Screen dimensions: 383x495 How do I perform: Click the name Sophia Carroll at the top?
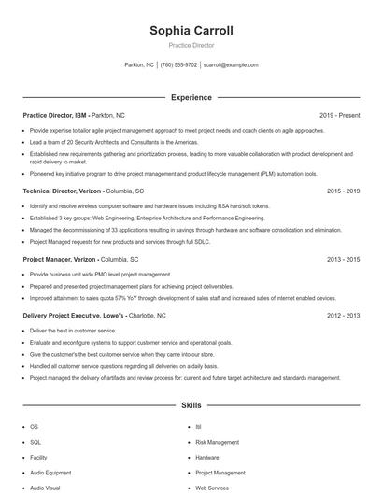point(191,31)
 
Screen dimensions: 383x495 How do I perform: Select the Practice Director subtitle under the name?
point(191,45)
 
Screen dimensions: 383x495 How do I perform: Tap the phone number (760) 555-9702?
point(178,65)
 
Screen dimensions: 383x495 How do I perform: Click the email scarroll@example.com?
point(231,65)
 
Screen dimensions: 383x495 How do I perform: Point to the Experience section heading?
point(191,97)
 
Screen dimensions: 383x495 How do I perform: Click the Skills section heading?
point(191,406)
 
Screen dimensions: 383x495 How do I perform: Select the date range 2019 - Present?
point(339,115)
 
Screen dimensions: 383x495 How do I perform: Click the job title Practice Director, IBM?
point(55,115)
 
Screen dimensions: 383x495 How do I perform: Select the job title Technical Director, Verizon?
point(62,190)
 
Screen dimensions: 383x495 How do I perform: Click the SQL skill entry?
point(35,441)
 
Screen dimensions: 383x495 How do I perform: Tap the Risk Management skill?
point(217,441)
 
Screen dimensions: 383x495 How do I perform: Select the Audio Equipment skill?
point(50,473)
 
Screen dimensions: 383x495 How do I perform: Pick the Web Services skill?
point(212,488)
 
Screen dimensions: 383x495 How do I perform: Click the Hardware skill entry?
point(207,457)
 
